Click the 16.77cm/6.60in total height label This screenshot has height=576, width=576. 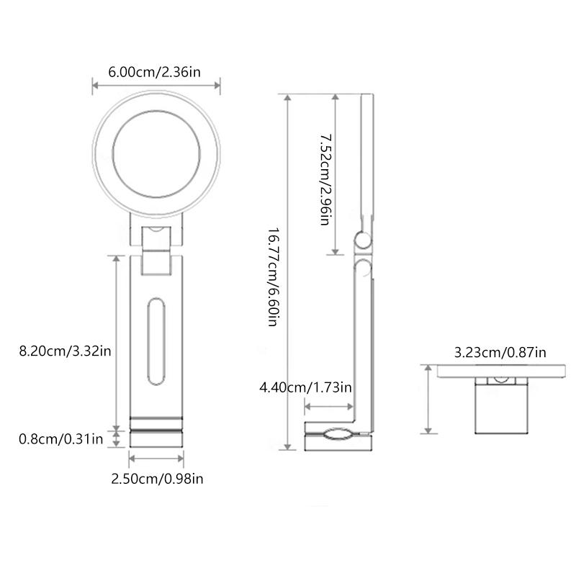coord(273,276)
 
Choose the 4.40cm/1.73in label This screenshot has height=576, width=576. coord(306,387)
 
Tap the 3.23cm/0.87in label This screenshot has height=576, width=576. coord(500,352)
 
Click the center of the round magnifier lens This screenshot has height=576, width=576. coord(156,156)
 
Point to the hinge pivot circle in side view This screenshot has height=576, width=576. coord(362,240)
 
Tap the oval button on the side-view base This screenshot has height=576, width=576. coord(335,434)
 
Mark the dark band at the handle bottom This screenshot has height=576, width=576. coord(156,424)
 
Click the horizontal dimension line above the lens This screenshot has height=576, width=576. coord(156,86)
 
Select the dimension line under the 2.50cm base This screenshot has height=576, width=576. coord(156,456)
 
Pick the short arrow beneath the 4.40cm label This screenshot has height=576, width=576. coord(329,408)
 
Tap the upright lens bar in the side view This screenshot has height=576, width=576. coord(366,158)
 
